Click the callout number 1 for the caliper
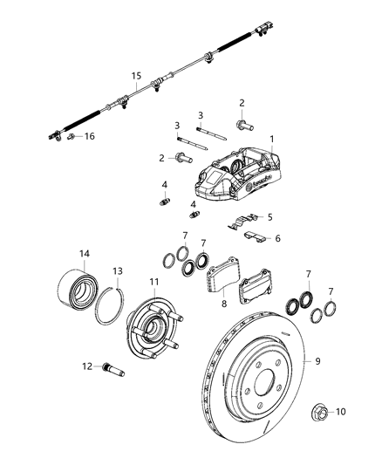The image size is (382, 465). [271, 140]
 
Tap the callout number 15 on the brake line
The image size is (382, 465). [136, 76]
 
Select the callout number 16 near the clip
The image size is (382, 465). [90, 137]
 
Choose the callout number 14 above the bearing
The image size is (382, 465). [85, 254]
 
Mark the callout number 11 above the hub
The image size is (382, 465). [153, 282]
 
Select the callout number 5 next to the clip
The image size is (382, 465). [269, 217]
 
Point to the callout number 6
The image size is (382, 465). [277, 237]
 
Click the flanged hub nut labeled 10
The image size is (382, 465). [319, 411]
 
